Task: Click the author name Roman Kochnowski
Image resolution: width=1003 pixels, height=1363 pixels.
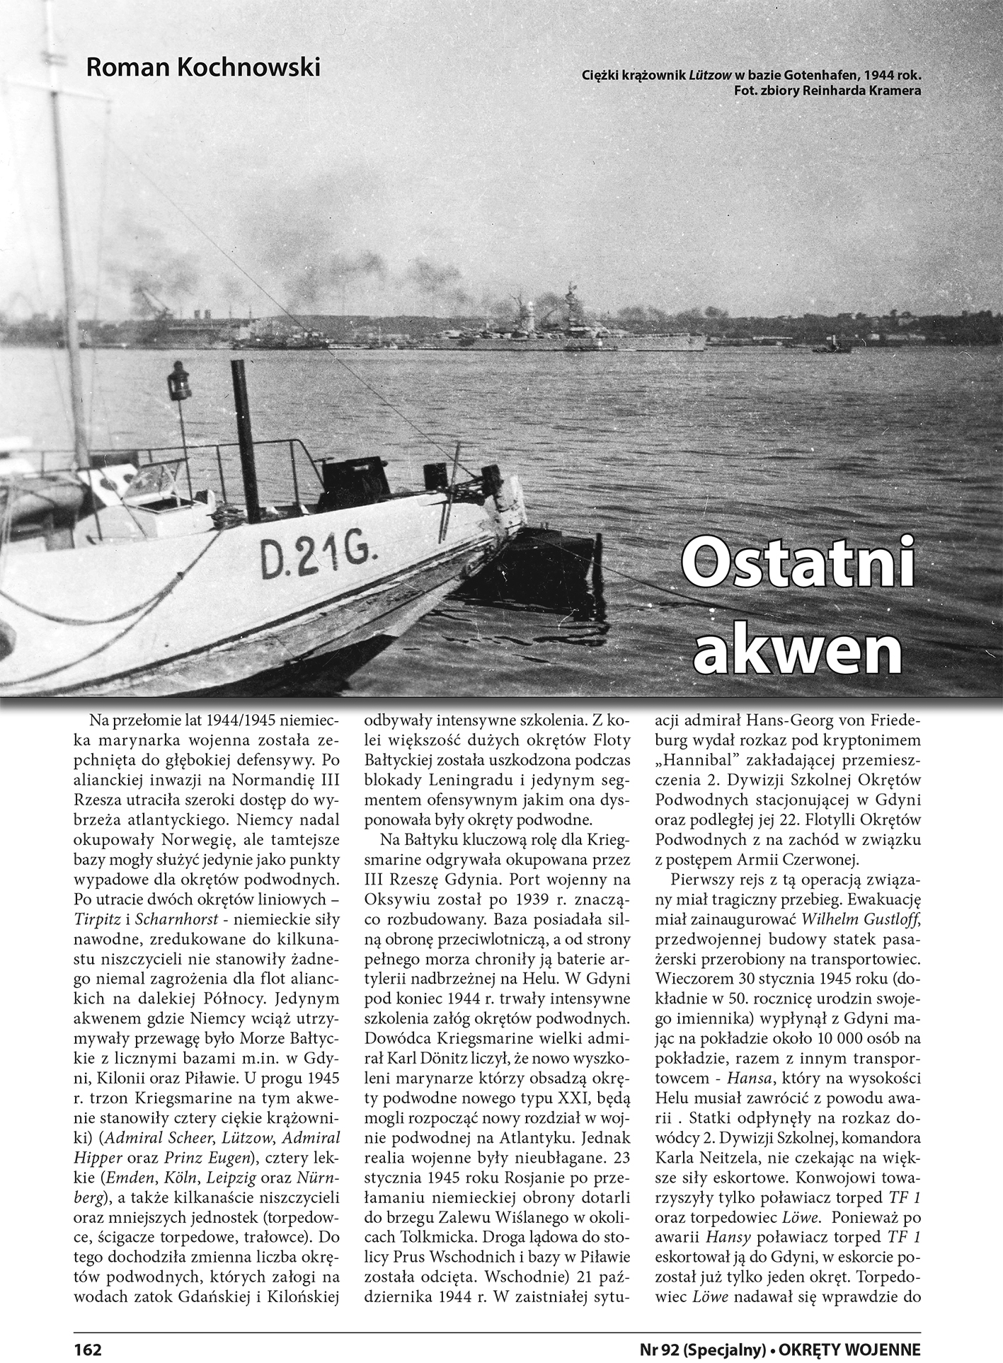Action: tap(202, 68)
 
